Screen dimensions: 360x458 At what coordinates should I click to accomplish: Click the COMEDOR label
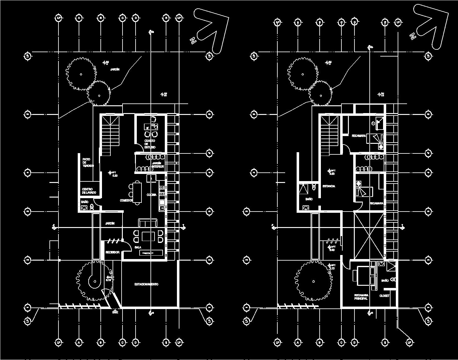coord(126,201)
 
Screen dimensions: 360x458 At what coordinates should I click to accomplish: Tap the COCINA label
coord(151,195)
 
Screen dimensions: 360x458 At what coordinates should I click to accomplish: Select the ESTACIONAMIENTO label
coord(146,284)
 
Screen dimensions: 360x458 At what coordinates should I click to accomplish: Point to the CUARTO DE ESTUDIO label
coord(150,144)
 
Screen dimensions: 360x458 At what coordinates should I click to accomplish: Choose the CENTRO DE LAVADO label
coord(89,191)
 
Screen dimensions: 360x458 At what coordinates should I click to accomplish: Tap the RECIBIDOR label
coord(112,253)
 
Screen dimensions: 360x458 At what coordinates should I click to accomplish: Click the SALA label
coord(138,247)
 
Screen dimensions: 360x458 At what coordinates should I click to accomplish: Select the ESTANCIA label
coord(329,186)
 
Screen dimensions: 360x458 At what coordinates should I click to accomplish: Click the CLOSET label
coord(384,296)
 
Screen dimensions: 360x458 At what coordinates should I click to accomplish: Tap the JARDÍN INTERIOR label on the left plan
coord(158,165)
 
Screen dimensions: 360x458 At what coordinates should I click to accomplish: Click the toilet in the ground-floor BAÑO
coord(92,207)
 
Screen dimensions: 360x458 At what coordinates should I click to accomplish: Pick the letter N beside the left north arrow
coord(193,40)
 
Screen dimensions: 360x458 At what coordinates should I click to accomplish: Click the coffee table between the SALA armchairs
coord(148,236)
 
